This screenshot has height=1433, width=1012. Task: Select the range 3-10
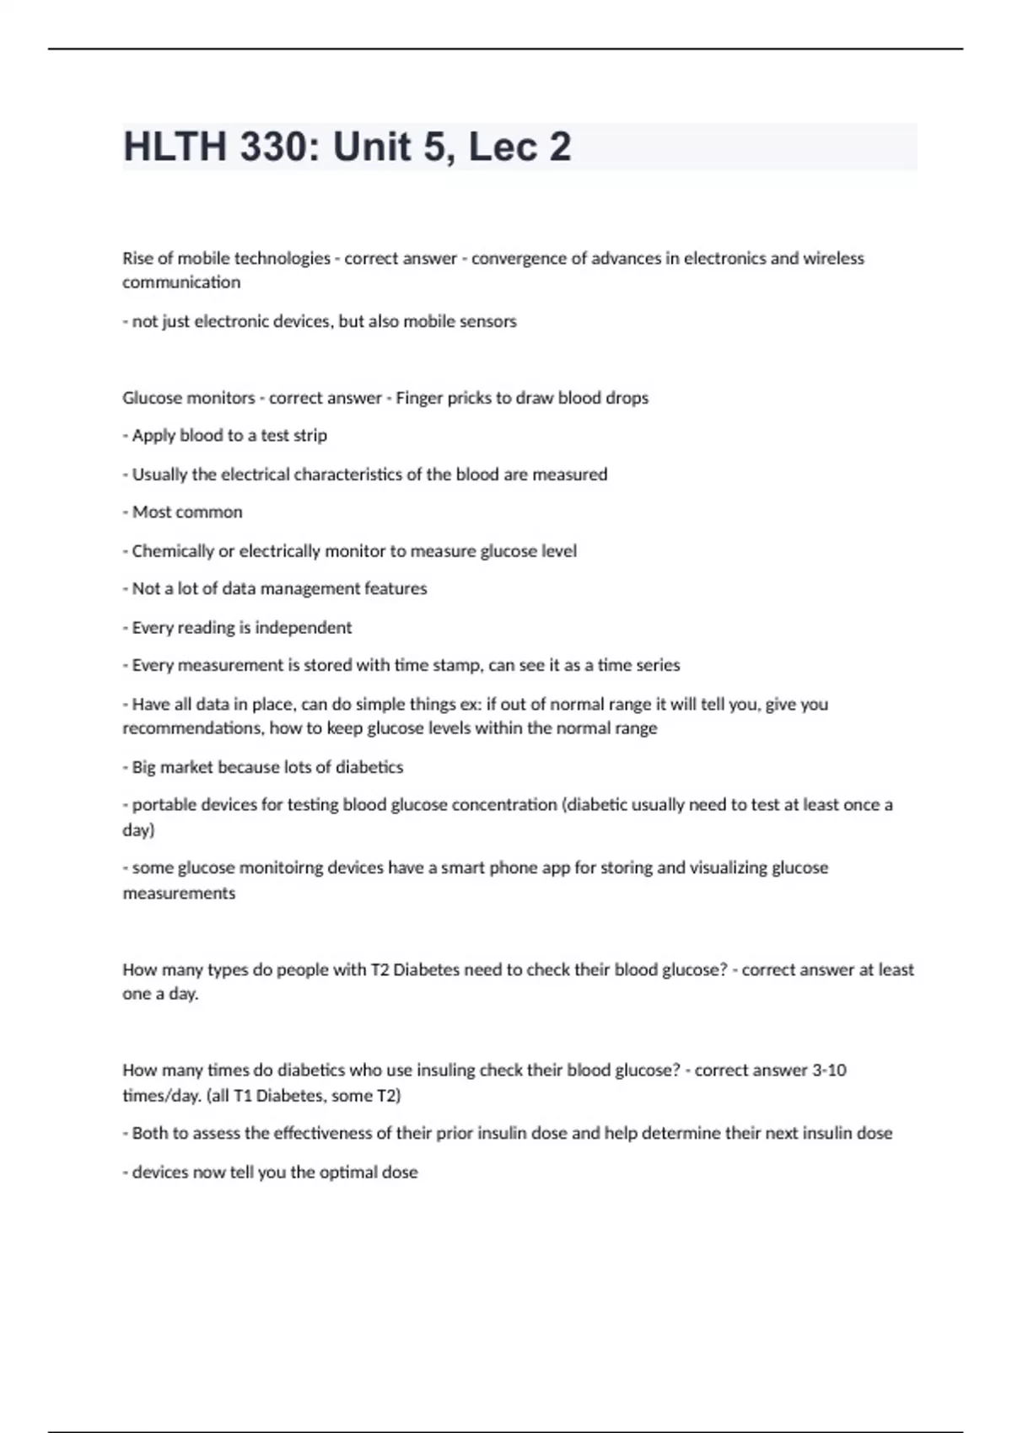[829, 1071]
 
